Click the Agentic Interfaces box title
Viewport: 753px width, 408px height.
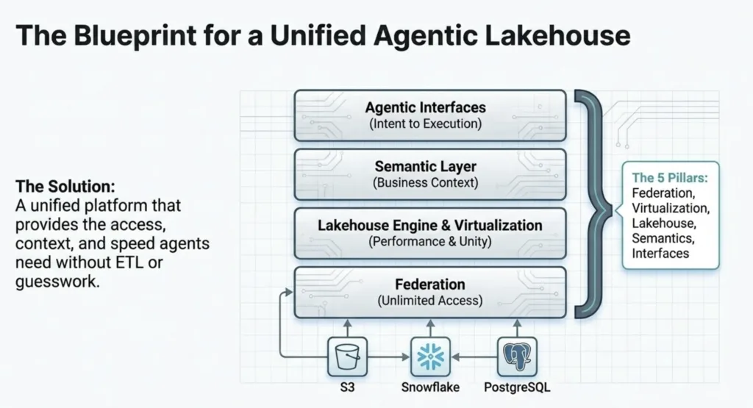(x=425, y=107)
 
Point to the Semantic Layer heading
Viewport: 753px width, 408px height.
(x=425, y=167)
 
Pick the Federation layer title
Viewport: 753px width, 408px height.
(x=429, y=284)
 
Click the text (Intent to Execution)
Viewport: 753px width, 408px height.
(x=425, y=124)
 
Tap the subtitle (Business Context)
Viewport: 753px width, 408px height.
(x=425, y=182)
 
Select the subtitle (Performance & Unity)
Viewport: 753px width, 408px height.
(x=429, y=241)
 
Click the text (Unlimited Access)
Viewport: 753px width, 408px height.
(x=429, y=300)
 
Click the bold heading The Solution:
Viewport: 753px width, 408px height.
(x=65, y=186)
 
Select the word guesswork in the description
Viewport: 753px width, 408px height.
(x=57, y=282)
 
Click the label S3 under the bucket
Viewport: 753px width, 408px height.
(x=346, y=387)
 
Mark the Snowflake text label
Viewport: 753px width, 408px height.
(x=429, y=387)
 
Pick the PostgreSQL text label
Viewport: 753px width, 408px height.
(x=517, y=387)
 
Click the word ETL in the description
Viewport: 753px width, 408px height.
(x=127, y=262)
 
